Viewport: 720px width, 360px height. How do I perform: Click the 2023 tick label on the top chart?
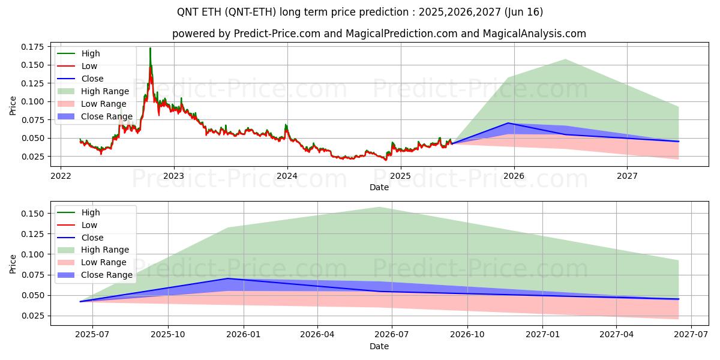click(174, 176)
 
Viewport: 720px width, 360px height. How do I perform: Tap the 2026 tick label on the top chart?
click(514, 176)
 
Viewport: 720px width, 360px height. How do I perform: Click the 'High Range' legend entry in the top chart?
click(105, 91)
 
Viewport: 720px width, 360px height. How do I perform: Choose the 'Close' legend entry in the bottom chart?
click(92, 238)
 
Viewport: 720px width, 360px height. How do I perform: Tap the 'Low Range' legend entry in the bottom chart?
click(104, 262)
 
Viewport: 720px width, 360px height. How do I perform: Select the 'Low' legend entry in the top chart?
click(89, 66)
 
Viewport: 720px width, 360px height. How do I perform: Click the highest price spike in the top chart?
click(150, 49)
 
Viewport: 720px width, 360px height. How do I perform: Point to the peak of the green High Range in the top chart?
click(565, 59)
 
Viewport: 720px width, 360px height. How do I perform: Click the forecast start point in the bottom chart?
click(80, 301)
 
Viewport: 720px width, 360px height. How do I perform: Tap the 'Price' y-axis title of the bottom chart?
click(13, 263)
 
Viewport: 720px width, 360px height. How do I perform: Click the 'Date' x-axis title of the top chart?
click(379, 187)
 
